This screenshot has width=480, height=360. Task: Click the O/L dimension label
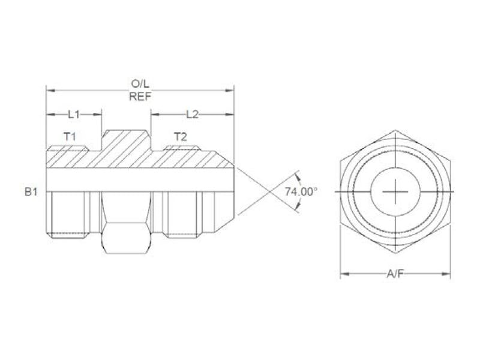[x=140, y=83]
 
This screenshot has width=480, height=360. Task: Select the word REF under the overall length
[x=140, y=97]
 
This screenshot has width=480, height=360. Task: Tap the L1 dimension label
[x=73, y=113]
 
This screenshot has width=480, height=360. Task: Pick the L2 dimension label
[x=192, y=113]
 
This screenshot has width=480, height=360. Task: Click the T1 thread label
[x=70, y=137]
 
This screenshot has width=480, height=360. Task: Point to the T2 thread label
[x=180, y=137]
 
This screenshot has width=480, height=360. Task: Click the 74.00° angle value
[x=300, y=192]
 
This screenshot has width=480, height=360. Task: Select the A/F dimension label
[x=395, y=274]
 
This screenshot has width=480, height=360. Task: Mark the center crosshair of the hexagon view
[x=395, y=191]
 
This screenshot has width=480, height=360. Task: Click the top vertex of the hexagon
[x=395, y=129]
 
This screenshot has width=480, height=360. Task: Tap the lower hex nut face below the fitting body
[x=125, y=238]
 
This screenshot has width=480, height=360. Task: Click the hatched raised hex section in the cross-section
[x=125, y=147]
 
